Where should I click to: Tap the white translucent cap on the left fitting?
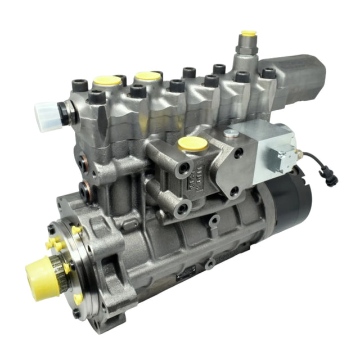pos(46,112)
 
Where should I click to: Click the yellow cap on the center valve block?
pos(190,144)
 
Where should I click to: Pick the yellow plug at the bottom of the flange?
pos(78,299)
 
